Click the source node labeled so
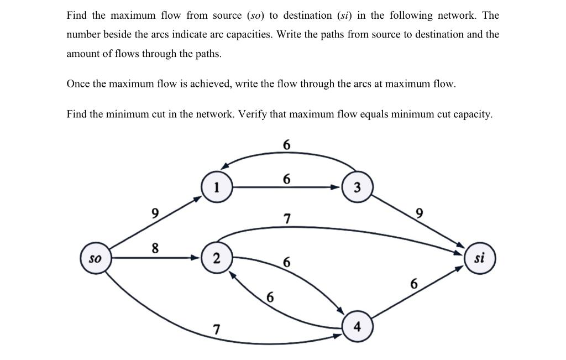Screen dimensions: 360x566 click(x=96, y=258)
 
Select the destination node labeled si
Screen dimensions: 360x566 click(x=480, y=258)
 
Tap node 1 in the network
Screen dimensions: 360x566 click(x=217, y=187)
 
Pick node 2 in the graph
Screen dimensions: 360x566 click(x=217, y=258)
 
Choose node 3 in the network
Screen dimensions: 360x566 click(x=357, y=187)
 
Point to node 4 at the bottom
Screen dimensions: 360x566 click(x=357, y=327)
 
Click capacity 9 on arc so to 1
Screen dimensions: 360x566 click(x=155, y=212)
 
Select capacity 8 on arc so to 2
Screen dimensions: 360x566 click(x=155, y=249)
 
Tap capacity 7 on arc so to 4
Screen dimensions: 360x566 click(x=216, y=330)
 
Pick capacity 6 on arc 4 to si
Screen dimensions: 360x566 click(x=414, y=284)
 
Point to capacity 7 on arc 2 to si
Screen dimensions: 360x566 click(x=286, y=218)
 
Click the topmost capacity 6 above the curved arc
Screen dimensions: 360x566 click(x=286, y=145)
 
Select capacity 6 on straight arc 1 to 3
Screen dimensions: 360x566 click(x=286, y=179)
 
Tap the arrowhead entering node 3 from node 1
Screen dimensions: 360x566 click(x=337, y=187)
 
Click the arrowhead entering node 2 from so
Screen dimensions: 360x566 click(x=196, y=258)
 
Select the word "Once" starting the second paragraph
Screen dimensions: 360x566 click(x=78, y=84)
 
